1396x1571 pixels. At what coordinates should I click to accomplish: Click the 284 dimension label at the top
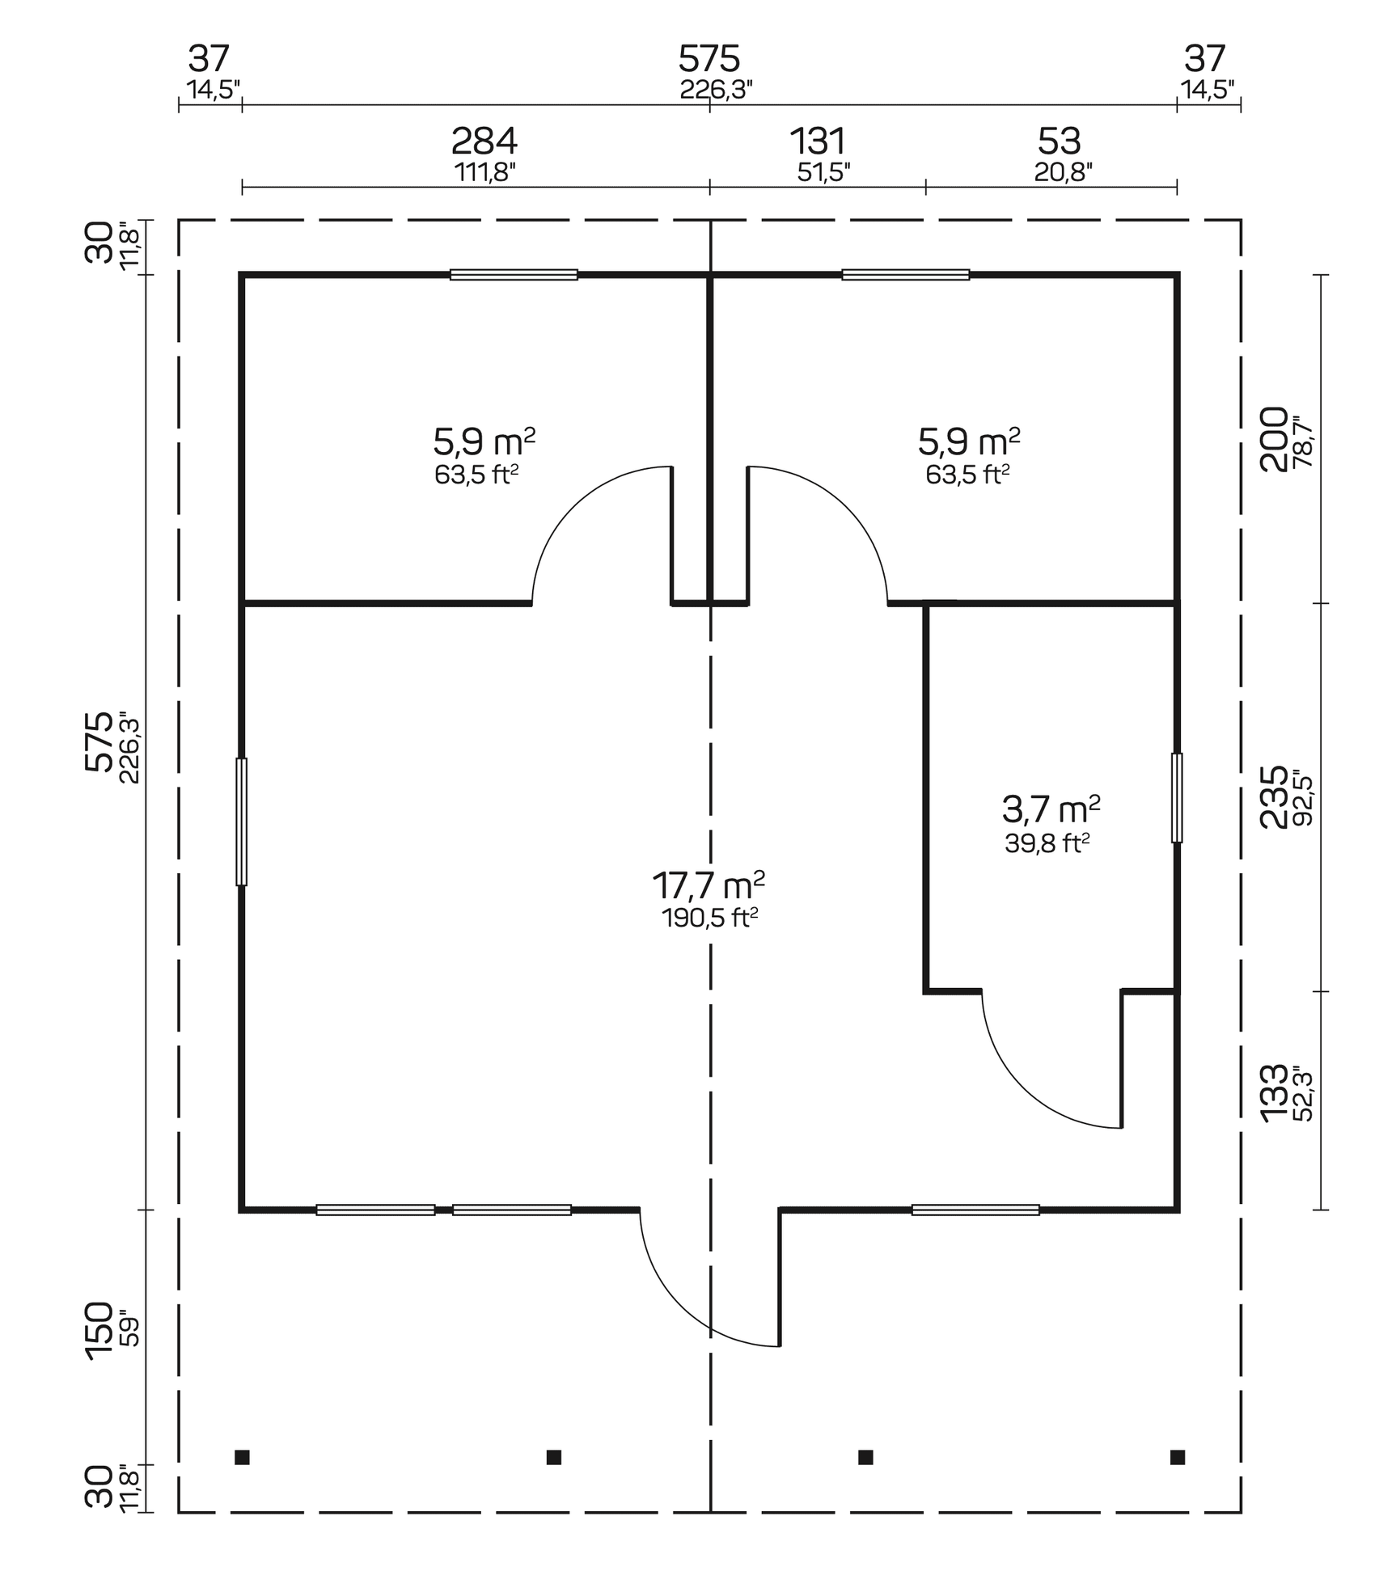tap(484, 142)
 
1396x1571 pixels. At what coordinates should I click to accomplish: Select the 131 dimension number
tap(818, 142)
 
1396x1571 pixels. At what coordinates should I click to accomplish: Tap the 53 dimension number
tap(1059, 142)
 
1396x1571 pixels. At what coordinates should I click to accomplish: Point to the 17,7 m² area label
tap(709, 886)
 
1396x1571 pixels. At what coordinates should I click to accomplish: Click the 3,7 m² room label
tap(1051, 809)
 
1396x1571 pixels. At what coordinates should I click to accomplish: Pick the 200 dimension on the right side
tap(1274, 439)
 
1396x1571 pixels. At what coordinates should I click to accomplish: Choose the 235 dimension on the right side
tap(1274, 797)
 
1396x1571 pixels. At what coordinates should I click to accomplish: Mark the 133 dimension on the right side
tap(1274, 1092)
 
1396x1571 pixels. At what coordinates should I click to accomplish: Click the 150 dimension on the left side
tap(99, 1331)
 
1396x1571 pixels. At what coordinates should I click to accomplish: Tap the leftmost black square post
tap(242, 1458)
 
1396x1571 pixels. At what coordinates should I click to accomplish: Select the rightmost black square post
tap(1178, 1458)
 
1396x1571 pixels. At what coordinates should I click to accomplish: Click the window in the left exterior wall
tap(241, 821)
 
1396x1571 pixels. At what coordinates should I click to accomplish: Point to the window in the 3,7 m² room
tap(1177, 798)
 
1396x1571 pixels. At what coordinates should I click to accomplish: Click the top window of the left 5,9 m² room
tap(514, 275)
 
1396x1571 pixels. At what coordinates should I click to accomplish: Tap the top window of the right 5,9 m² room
tap(905, 275)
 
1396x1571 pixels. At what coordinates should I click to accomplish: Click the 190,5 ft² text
tap(709, 919)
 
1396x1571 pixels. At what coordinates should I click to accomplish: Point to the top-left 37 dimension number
tap(209, 60)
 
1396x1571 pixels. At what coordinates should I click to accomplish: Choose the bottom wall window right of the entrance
tap(975, 1210)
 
